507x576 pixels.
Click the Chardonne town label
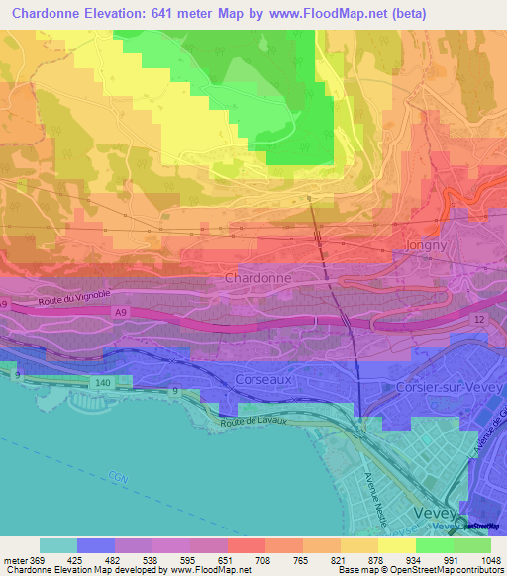coord(258,279)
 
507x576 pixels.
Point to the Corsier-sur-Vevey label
coord(443,388)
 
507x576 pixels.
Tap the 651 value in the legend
coord(227,558)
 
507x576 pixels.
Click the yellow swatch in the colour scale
coord(397,545)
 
